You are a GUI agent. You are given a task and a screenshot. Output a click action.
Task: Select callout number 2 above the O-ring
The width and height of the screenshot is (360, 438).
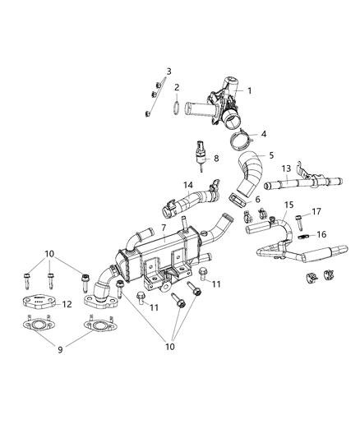176,87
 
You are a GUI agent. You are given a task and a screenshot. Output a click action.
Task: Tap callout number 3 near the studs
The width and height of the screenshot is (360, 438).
168,71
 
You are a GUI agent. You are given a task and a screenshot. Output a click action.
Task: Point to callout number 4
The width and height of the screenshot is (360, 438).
264,134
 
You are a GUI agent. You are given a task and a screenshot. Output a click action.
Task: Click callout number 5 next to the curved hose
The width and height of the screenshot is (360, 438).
271,154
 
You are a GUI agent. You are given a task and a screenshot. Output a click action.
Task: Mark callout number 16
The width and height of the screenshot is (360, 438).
322,234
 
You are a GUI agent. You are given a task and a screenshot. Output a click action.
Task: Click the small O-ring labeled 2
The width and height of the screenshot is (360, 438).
177,107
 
